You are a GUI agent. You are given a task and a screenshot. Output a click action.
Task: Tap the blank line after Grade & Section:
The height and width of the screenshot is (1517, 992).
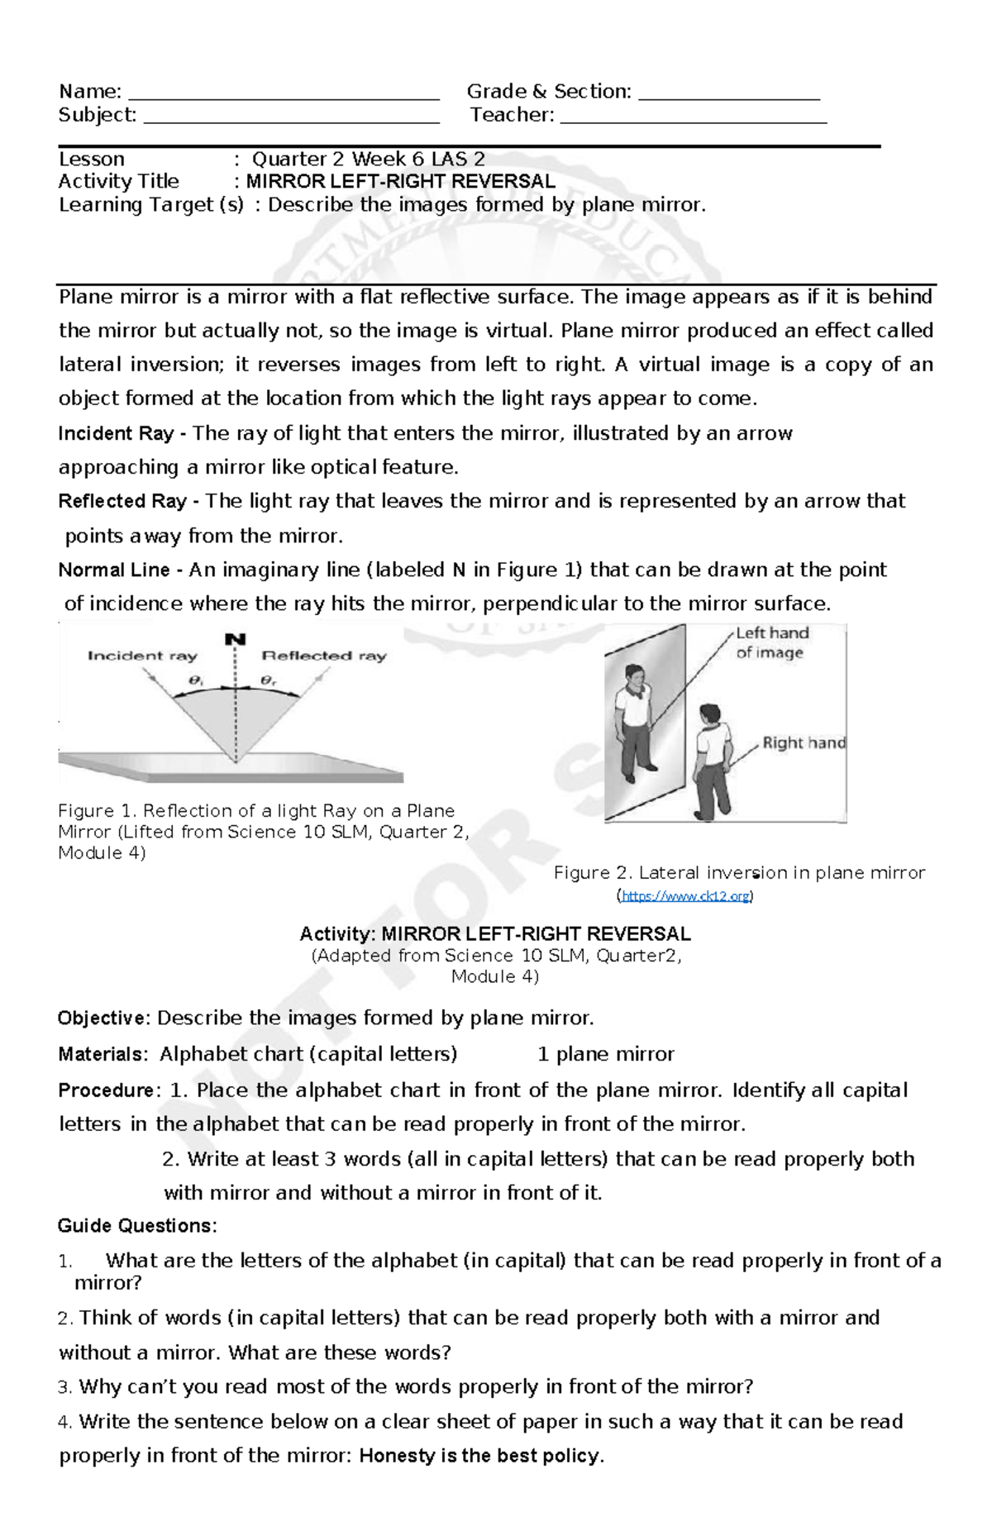point(729,93)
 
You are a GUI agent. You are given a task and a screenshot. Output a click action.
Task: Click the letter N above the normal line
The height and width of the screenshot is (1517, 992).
point(236,639)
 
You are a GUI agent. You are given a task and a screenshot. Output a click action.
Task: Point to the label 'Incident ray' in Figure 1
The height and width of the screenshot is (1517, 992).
point(142,656)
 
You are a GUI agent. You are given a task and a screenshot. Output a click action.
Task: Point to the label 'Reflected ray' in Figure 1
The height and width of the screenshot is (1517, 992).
point(324,656)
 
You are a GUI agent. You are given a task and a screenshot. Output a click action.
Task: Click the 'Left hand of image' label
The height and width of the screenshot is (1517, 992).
point(772,642)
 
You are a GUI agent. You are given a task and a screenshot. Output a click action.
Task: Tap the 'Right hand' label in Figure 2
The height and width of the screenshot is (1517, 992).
point(804,742)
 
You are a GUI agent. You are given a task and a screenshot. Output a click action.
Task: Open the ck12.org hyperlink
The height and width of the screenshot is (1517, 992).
point(685,895)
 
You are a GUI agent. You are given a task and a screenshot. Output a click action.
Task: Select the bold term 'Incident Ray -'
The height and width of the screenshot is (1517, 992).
point(122,433)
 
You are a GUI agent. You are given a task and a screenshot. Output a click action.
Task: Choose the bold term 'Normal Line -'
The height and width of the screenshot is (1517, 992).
point(121,570)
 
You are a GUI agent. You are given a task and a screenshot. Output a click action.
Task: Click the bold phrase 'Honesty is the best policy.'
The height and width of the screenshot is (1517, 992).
point(481,1455)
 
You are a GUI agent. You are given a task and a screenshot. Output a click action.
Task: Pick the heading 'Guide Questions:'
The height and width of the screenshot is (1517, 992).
point(137,1225)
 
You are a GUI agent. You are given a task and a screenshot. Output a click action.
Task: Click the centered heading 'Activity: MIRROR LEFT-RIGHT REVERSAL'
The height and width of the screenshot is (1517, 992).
point(494,934)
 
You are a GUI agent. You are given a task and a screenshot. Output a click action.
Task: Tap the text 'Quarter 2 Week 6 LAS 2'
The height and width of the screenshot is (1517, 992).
point(368,159)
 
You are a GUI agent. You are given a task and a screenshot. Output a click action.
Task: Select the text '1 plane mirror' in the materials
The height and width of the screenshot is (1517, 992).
point(605,1054)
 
